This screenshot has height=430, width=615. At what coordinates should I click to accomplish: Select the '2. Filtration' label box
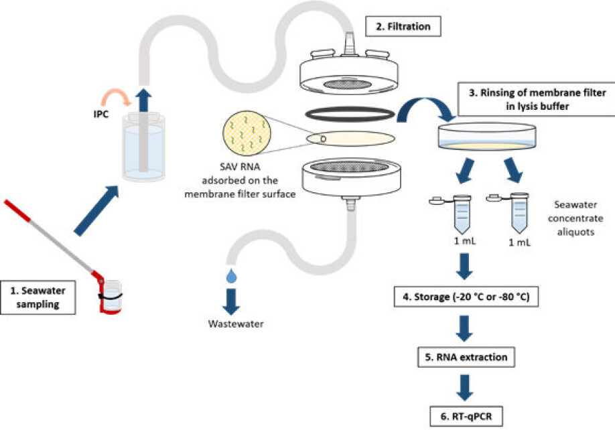401,27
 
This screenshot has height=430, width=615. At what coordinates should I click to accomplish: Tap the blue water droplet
232,275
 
